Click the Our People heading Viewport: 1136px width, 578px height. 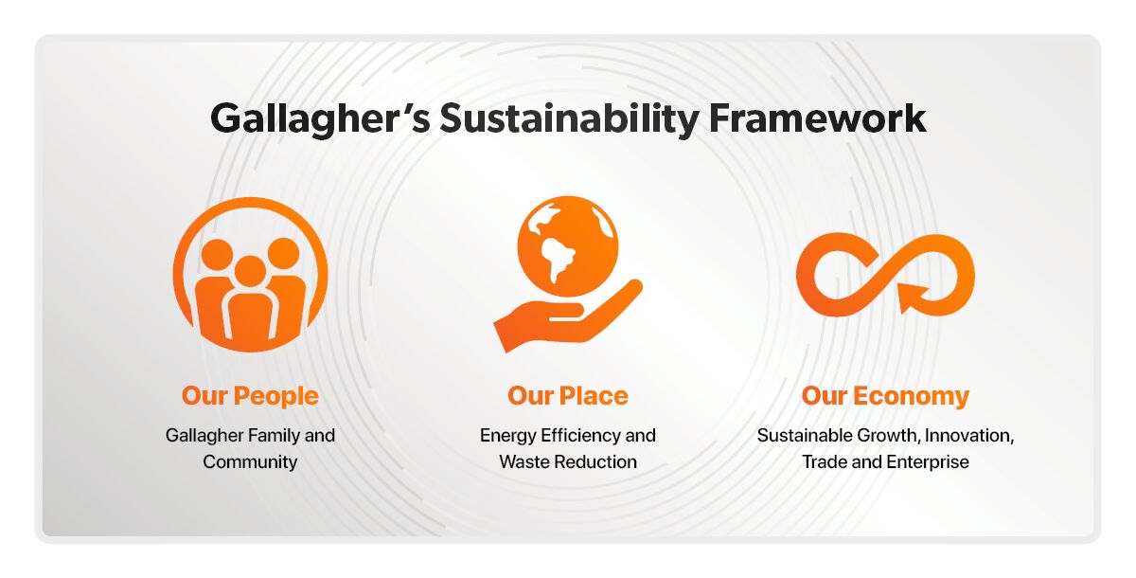[250, 395]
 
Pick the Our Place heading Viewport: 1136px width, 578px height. [568, 395]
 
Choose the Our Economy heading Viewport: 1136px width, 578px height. [885, 395]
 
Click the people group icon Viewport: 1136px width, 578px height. [250, 275]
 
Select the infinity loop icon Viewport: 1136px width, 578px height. [885, 275]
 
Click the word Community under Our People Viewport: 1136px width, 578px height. [250, 462]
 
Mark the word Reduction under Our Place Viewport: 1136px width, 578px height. [596, 462]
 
